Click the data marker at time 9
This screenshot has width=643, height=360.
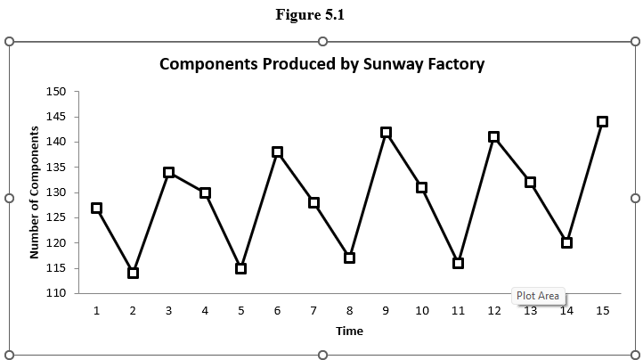tap(386, 132)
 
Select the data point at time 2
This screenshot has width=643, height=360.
tap(133, 273)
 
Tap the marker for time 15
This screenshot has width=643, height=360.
tap(602, 121)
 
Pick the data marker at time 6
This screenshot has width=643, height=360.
tap(277, 152)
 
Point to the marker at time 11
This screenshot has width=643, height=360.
tap(458, 263)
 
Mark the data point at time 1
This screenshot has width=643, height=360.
tap(96, 208)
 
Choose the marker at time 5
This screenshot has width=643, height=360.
tap(240, 268)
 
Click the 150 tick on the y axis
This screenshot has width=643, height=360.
tap(56, 92)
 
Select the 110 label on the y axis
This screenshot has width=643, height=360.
tap(56, 293)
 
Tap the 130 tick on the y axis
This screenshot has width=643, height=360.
tap(56, 192)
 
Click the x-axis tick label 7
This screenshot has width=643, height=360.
tap(313, 310)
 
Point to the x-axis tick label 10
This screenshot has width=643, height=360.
tap(422, 310)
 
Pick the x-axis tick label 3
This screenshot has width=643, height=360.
tap(168, 310)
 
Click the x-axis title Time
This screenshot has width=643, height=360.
tap(349, 331)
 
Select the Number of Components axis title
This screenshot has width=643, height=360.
tap(35, 192)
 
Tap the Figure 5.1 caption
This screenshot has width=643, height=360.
tap(322, 15)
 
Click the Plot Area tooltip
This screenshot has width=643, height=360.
tap(538, 296)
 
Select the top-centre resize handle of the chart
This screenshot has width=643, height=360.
tap(322, 41)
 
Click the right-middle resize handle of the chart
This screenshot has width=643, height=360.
tap(635, 198)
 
